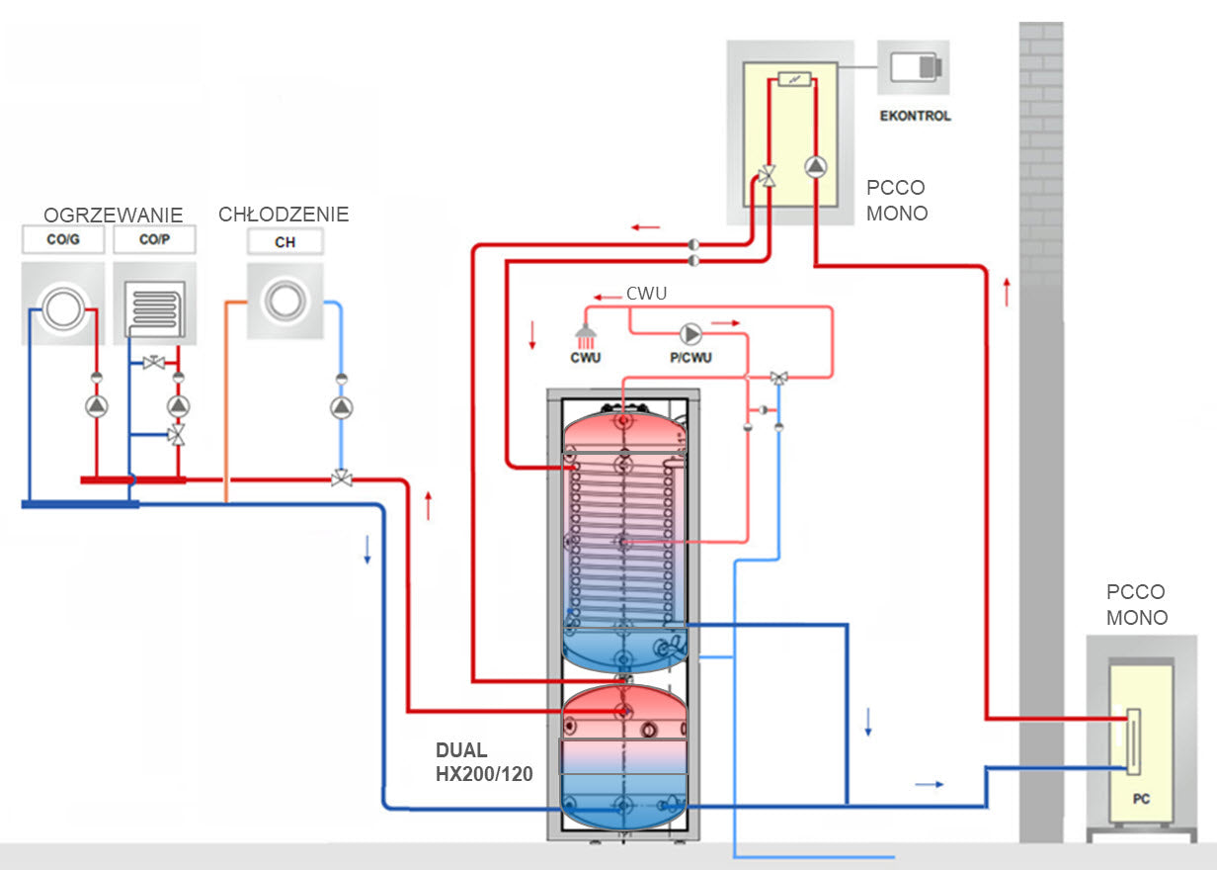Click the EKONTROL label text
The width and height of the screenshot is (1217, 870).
point(915,116)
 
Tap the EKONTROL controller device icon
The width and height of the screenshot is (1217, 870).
point(915,67)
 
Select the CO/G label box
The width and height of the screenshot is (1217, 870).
point(63,240)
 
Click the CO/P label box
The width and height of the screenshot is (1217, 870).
point(154,240)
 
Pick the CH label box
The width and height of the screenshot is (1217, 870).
point(284,241)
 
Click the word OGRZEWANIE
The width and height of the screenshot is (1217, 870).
point(113,215)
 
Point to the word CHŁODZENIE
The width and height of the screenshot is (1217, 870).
point(284,215)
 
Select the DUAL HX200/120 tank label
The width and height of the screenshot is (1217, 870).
point(484,762)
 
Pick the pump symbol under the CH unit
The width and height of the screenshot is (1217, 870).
point(341,407)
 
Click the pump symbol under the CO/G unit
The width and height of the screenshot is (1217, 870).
point(96,406)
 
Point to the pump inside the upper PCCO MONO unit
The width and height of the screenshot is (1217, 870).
point(814,166)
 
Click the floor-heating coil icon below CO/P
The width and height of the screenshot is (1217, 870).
point(154,309)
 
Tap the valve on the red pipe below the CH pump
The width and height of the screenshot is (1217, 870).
point(341,479)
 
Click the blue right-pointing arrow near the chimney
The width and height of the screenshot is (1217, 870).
point(929,784)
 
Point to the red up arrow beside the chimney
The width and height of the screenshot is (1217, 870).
point(1006,293)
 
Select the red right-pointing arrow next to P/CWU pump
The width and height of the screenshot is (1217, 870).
point(726,322)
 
